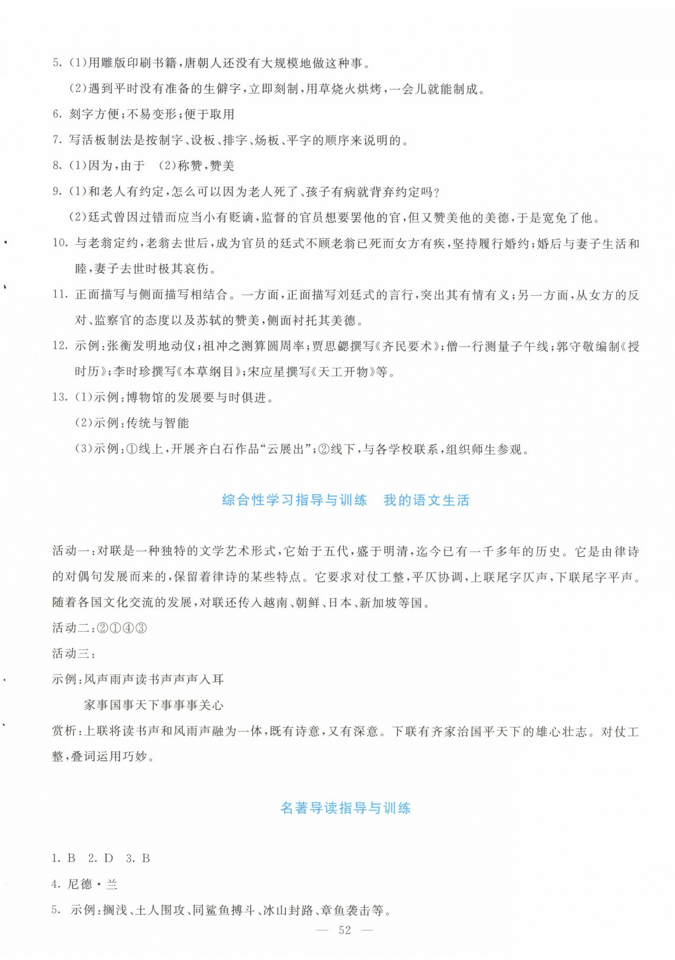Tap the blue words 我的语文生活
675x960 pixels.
click(426, 500)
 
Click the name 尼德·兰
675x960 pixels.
click(92, 884)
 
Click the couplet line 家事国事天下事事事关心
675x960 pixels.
click(154, 705)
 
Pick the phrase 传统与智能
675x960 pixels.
click(157, 423)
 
